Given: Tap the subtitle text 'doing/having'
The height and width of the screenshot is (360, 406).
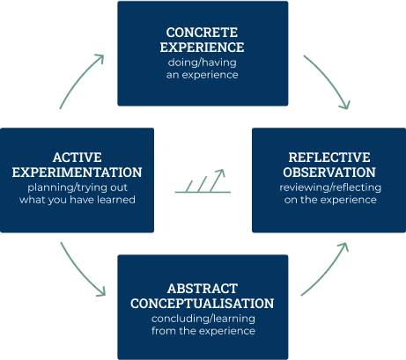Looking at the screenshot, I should click(x=203, y=63).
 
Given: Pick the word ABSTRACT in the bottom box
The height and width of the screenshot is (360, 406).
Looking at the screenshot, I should click(x=203, y=288).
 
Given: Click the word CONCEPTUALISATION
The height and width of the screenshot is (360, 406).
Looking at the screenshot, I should click(x=203, y=304).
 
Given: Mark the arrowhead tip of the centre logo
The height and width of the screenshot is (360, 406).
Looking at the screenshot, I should click(x=224, y=170).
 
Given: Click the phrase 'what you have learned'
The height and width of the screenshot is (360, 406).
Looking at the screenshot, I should click(x=77, y=201).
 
